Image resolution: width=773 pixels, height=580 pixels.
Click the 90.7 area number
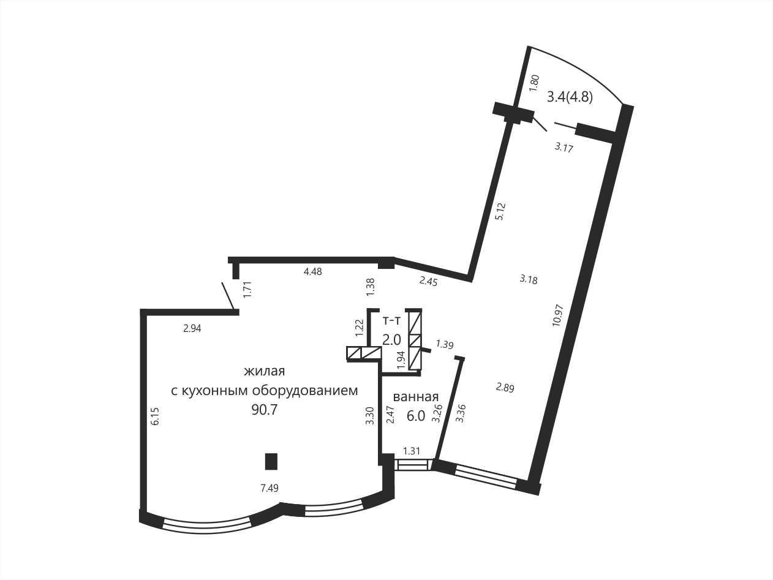pos(265,410)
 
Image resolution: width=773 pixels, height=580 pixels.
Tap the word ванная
pos(415,397)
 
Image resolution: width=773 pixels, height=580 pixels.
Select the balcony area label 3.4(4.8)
pos(570,97)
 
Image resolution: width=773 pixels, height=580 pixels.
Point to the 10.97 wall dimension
pos(558,315)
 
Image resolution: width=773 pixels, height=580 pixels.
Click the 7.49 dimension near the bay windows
pos(270,488)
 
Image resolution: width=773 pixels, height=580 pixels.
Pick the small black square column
pos(271,461)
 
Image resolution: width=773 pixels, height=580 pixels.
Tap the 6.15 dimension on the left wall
pos(156,416)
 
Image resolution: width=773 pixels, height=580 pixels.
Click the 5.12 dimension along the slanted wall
pos(500,212)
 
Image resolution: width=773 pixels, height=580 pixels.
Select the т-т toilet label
pos(391,321)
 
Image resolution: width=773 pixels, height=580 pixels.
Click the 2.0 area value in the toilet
pos(391,340)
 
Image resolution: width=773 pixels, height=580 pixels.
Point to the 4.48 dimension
pos(313,272)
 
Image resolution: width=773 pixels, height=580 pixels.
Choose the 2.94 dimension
pos(192,328)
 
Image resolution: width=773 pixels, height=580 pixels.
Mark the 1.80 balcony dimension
pos(535,83)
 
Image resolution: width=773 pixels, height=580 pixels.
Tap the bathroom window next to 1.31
pos(412,464)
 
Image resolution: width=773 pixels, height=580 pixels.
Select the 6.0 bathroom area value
pos(416,416)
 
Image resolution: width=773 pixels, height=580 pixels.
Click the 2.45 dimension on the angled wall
pos(429,281)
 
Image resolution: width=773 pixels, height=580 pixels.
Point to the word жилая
pos(265,372)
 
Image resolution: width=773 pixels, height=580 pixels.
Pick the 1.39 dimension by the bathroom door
pos(445,344)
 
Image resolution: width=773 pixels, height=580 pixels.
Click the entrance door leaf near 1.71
pos(228,296)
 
